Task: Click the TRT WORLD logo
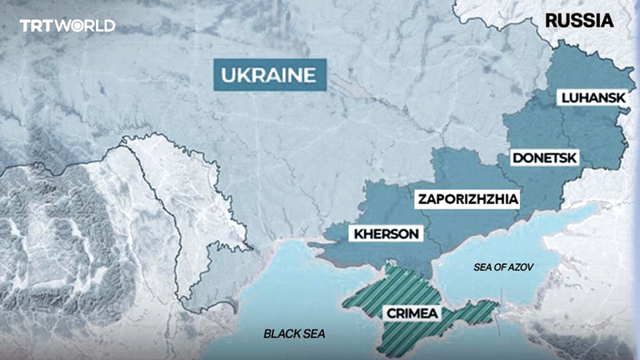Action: tap(67, 26)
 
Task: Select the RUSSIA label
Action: tap(579, 20)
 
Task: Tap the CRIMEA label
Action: tap(411, 314)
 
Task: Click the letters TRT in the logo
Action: tap(36, 26)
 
